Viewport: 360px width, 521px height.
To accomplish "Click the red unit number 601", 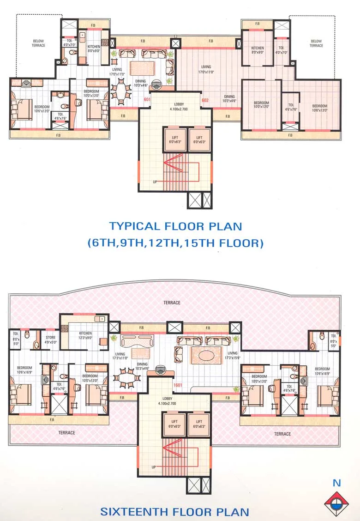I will click(x=147, y=100).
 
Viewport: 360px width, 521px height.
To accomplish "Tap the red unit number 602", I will click(x=204, y=100).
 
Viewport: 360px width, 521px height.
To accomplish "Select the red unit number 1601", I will click(x=179, y=385).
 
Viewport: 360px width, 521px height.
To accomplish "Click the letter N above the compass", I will click(x=337, y=484).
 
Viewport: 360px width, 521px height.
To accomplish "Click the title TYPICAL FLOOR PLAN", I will click(x=175, y=226).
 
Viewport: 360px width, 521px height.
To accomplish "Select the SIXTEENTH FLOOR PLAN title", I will click(x=175, y=512).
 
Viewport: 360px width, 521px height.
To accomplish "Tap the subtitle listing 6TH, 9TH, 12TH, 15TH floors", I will click(x=175, y=243).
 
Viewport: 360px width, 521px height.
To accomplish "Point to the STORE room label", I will click(x=50, y=340).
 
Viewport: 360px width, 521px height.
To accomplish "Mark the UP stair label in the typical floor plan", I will click(x=155, y=182).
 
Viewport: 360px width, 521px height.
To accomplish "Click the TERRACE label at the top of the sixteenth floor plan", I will click(x=172, y=303).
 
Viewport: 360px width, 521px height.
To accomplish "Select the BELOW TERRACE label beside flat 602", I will click(x=316, y=43).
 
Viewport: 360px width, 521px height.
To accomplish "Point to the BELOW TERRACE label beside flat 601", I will click(x=38, y=43).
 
